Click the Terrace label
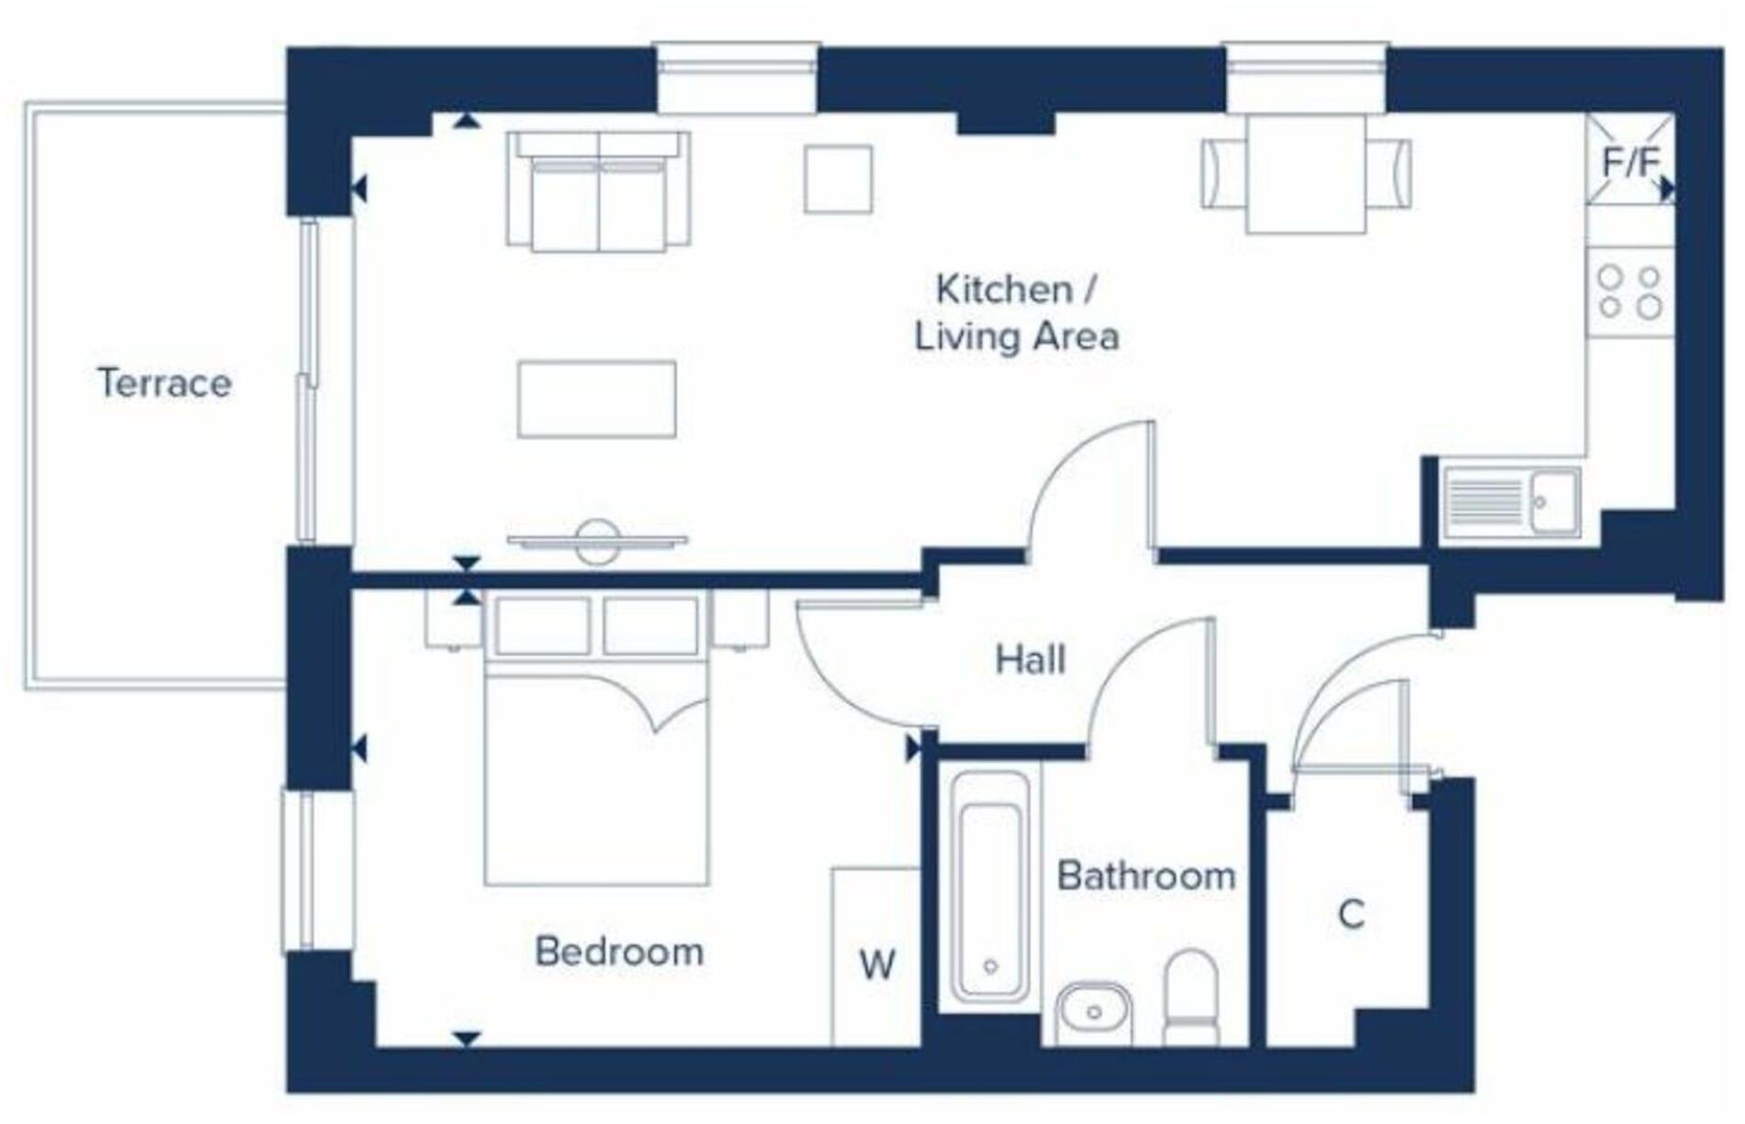click(164, 383)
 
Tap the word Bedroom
click(619, 952)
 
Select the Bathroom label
click(1145, 876)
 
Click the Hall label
click(1030, 660)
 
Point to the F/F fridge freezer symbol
click(1629, 162)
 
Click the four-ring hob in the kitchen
click(1629, 292)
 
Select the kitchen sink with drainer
click(1510, 502)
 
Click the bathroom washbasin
click(1093, 1013)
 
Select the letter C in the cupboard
click(1351, 914)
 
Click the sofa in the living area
click(598, 191)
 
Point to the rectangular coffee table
click(596, 399)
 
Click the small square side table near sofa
click(837, 179)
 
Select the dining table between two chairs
click(1306, 173)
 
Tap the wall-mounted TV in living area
click(597, 541)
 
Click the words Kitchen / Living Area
click(1016, 314)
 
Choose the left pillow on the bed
click(542, 625)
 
